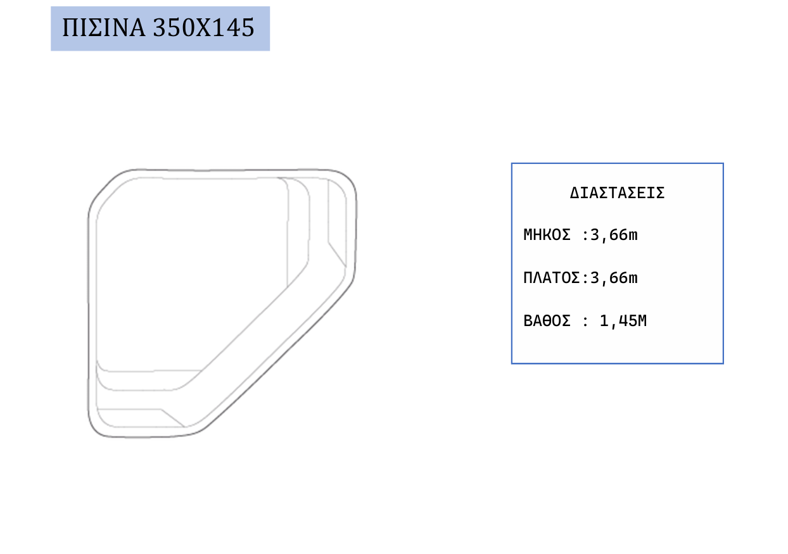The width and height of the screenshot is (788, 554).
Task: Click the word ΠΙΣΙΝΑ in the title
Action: (x=103, y=27)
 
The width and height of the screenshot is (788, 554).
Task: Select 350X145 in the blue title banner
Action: (x=203, y=27)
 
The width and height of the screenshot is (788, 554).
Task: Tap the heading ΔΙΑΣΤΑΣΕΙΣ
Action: (x=617, y=193)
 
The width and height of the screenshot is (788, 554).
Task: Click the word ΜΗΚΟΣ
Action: (x=547, y=235)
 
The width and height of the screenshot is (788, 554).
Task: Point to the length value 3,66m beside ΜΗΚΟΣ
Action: (x=614, y=235)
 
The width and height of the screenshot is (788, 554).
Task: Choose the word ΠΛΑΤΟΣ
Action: (x=551, y=278)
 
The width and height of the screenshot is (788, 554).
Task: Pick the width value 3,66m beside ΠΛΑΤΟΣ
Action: (x=614, y=278)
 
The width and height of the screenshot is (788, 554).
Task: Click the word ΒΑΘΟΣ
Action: (x=547, y=320)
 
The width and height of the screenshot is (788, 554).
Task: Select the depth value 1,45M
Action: (x=623, y=321)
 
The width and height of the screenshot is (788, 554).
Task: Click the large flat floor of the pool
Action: (x=183, y=267)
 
